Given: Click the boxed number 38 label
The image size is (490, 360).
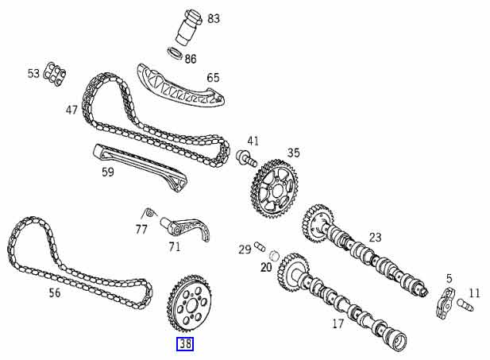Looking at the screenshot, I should pos(184,343).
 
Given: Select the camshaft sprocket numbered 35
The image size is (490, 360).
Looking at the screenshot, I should pos(272,190).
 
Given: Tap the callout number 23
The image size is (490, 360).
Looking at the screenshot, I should pos(375,237).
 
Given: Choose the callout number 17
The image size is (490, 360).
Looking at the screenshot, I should pos(337,323).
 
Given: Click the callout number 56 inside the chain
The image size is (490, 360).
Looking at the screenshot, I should pos(54,293).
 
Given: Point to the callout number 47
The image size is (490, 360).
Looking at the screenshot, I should pos(72,110).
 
